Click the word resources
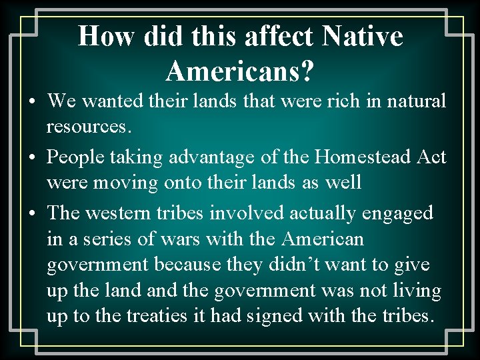click(84, 127)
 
